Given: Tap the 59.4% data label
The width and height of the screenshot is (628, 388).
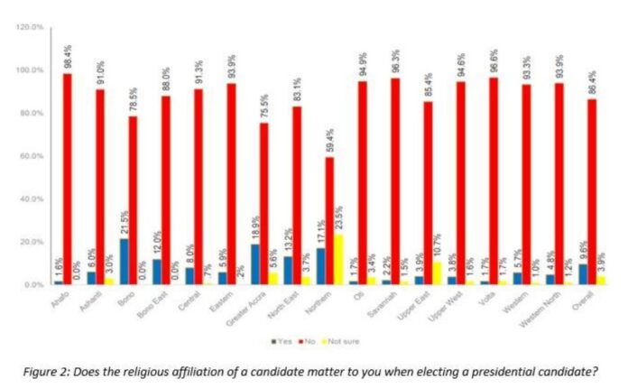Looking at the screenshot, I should pyautogui.click(x=330, y=142).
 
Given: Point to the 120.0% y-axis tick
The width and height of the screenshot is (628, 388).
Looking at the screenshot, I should pyautogui.click(x=30, y=28).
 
